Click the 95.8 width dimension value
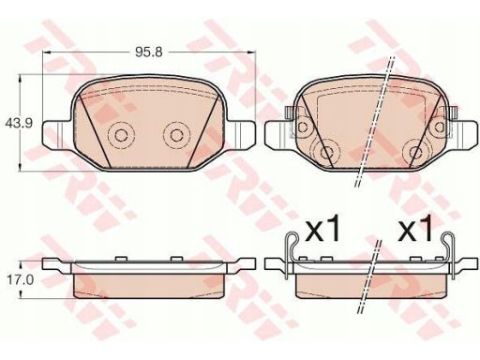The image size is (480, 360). point(149,52)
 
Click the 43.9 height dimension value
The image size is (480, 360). point(19,124)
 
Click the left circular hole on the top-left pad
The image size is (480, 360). point(121,135)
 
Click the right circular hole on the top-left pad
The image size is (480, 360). point(177,135)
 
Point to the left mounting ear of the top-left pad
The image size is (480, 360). point(57,135)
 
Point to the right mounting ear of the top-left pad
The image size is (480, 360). point(241,135)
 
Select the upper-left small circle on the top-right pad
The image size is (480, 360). point(303,127)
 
